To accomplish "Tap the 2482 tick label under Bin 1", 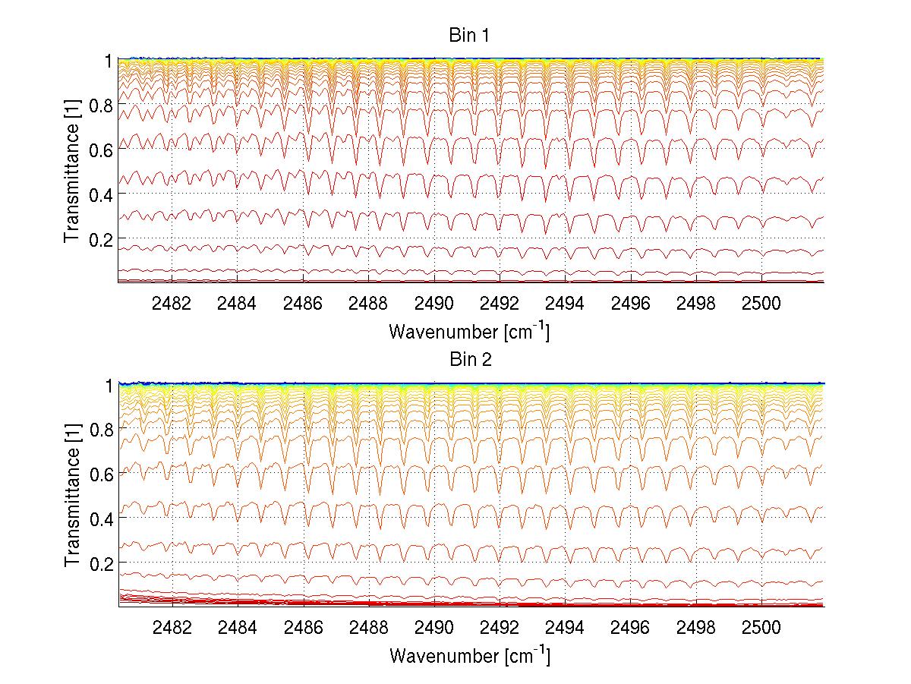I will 172,302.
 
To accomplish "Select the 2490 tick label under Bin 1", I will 433,302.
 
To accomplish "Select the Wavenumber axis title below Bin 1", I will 469,331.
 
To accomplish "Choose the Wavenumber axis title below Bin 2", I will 469,655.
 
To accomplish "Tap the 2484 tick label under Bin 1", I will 237,302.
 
